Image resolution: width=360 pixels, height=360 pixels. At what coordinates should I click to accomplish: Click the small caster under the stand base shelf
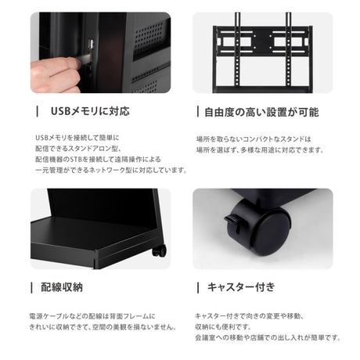click(160, 251)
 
